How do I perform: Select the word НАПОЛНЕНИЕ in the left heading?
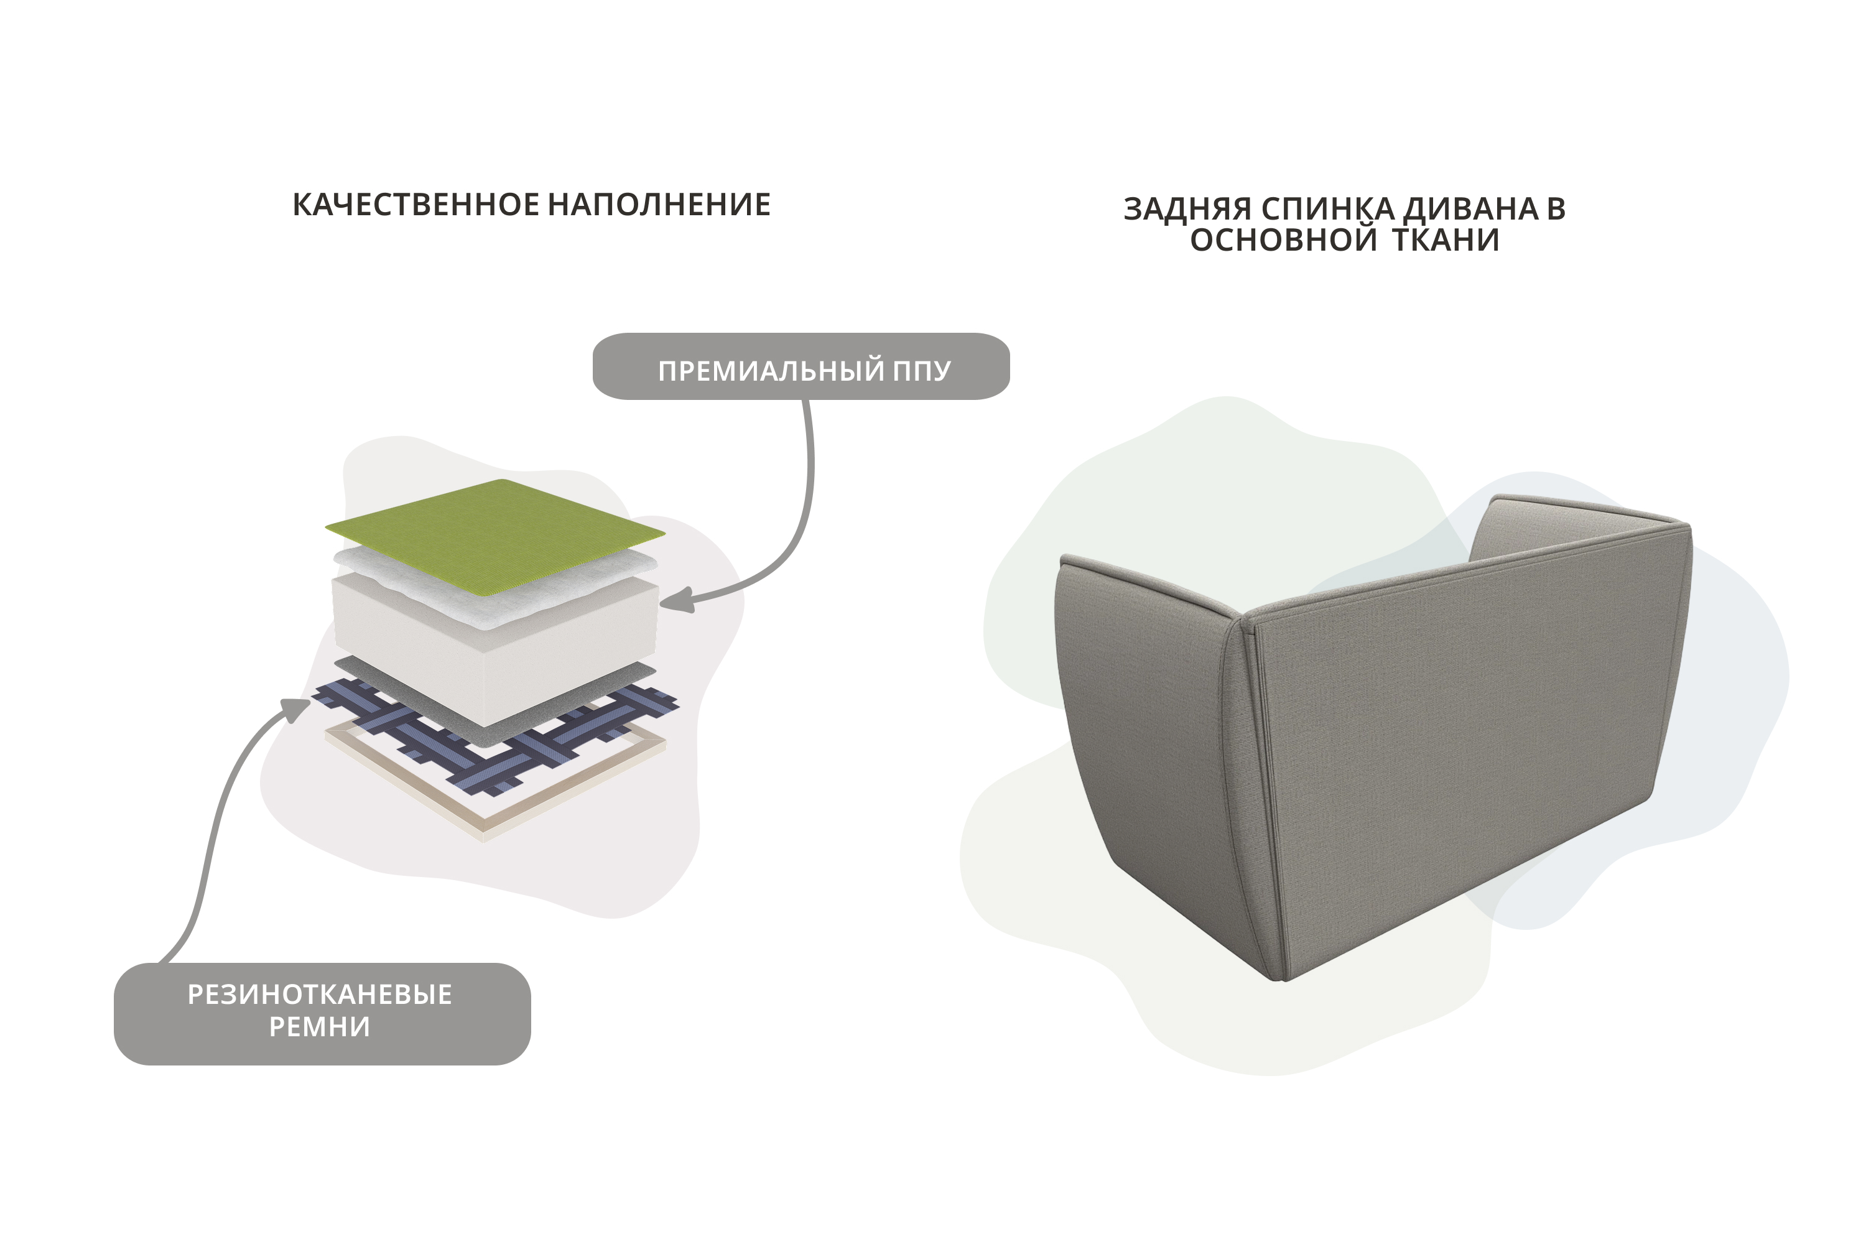(x=659, y=205)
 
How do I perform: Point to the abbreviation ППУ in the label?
(x=921, y=371)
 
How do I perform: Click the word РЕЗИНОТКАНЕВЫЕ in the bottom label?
(x=320, y=994)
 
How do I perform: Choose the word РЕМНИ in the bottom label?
(x=320, y=1028)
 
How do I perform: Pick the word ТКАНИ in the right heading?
(x=1446, y=240)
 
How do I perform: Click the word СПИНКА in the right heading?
(x=1328, y=208)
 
